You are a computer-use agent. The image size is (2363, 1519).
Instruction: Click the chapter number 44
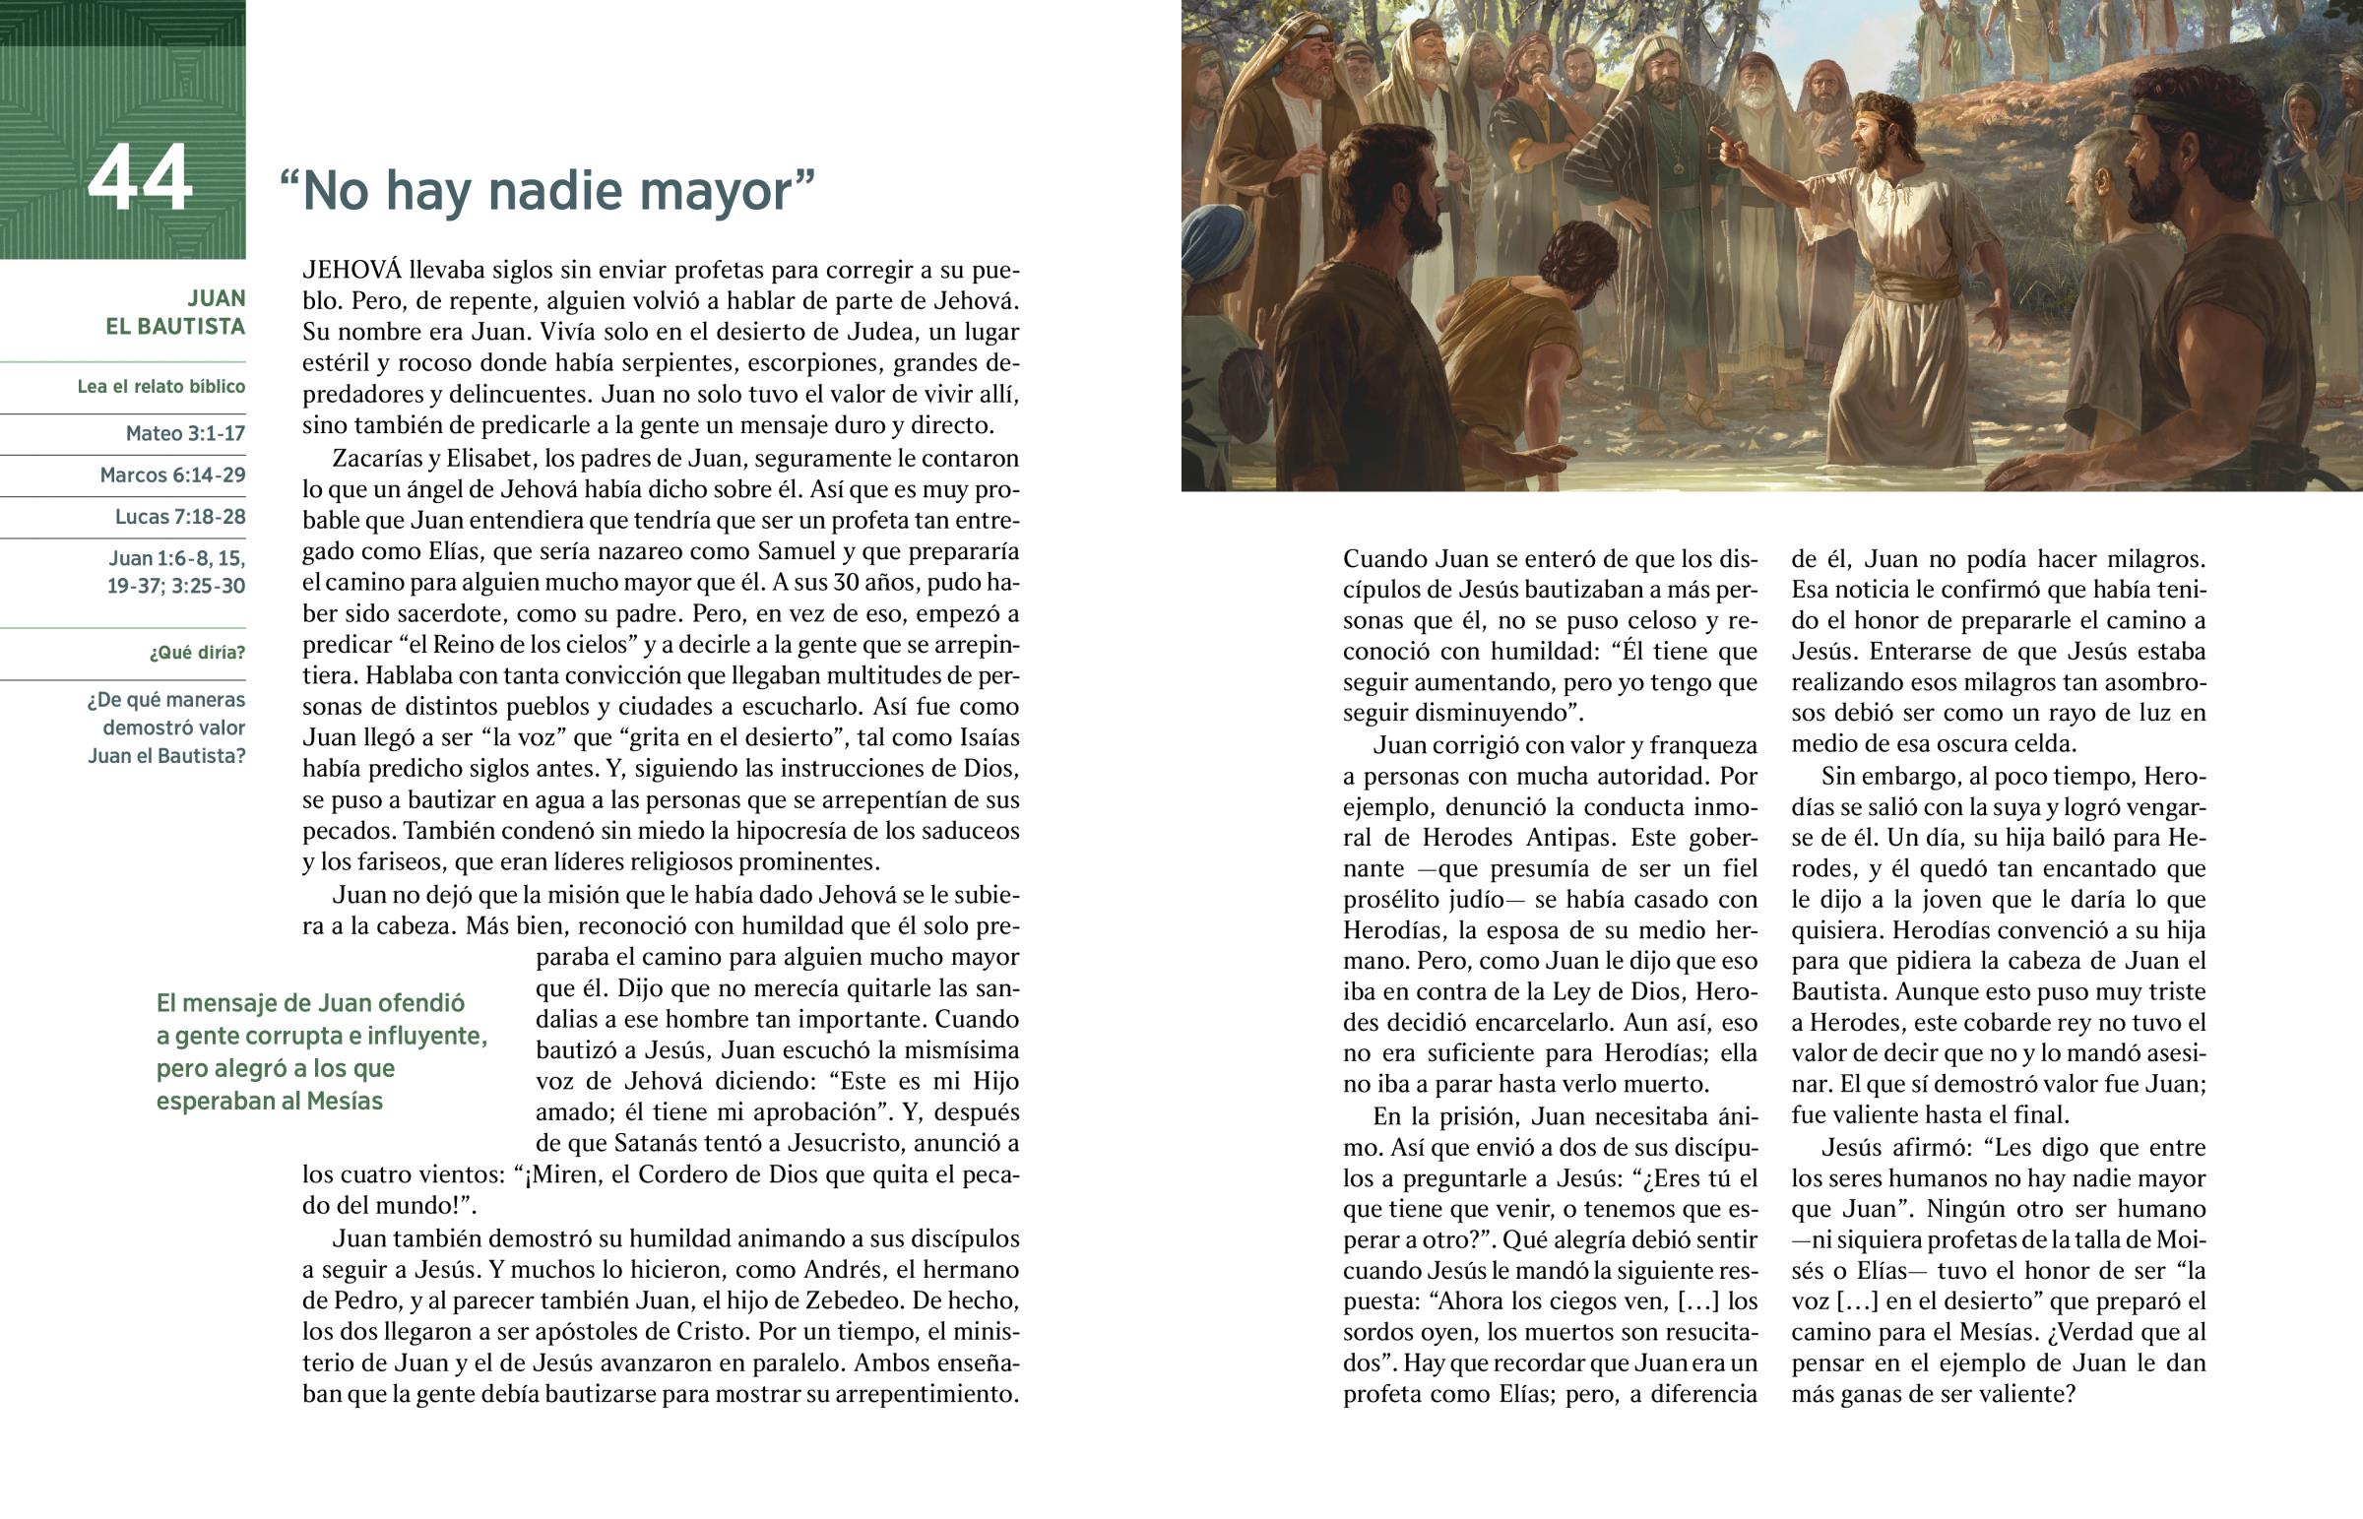pos(139,178)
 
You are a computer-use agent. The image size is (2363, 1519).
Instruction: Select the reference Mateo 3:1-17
pos(185,433)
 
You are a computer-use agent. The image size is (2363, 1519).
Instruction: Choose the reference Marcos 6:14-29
pos(172,475)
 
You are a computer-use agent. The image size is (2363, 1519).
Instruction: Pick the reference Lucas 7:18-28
pos(180,516)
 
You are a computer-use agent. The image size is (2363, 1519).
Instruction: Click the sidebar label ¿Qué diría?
pos(197,652)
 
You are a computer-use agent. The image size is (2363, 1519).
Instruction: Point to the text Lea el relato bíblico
pos(161,386)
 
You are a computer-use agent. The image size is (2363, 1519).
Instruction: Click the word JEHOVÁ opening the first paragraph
pos(352,270)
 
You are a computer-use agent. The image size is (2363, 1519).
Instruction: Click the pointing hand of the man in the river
pos(1726,145)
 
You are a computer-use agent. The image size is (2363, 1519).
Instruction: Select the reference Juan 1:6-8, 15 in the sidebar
pos(177,558)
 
